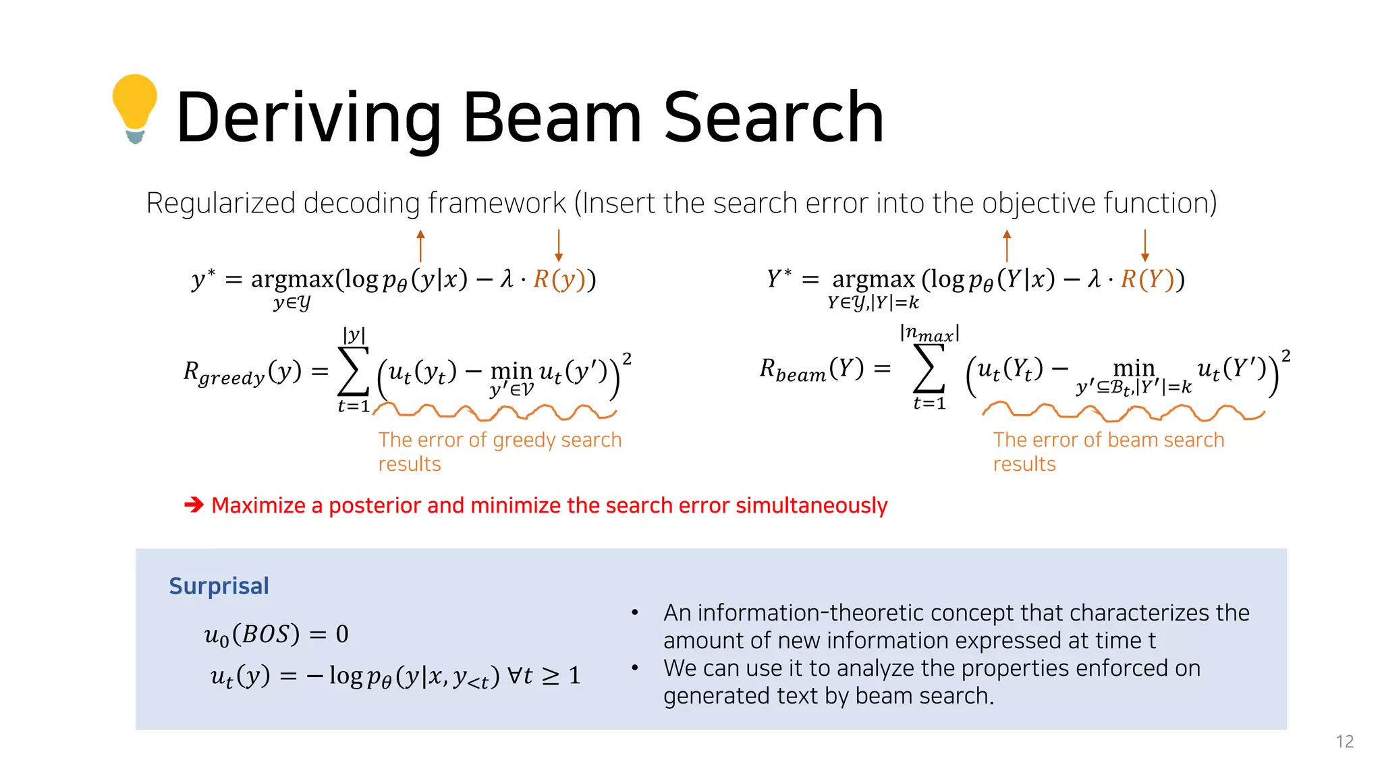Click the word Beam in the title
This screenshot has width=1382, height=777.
551,117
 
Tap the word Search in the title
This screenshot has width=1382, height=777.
773,117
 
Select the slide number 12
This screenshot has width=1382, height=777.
1344,742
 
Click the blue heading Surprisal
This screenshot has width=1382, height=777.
219,586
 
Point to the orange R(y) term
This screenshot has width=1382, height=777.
559,279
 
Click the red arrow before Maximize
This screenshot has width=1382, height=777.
194,505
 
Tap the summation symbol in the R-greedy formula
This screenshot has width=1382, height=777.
354,371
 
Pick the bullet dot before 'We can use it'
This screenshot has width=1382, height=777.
635,668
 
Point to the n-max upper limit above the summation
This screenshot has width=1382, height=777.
929,333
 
